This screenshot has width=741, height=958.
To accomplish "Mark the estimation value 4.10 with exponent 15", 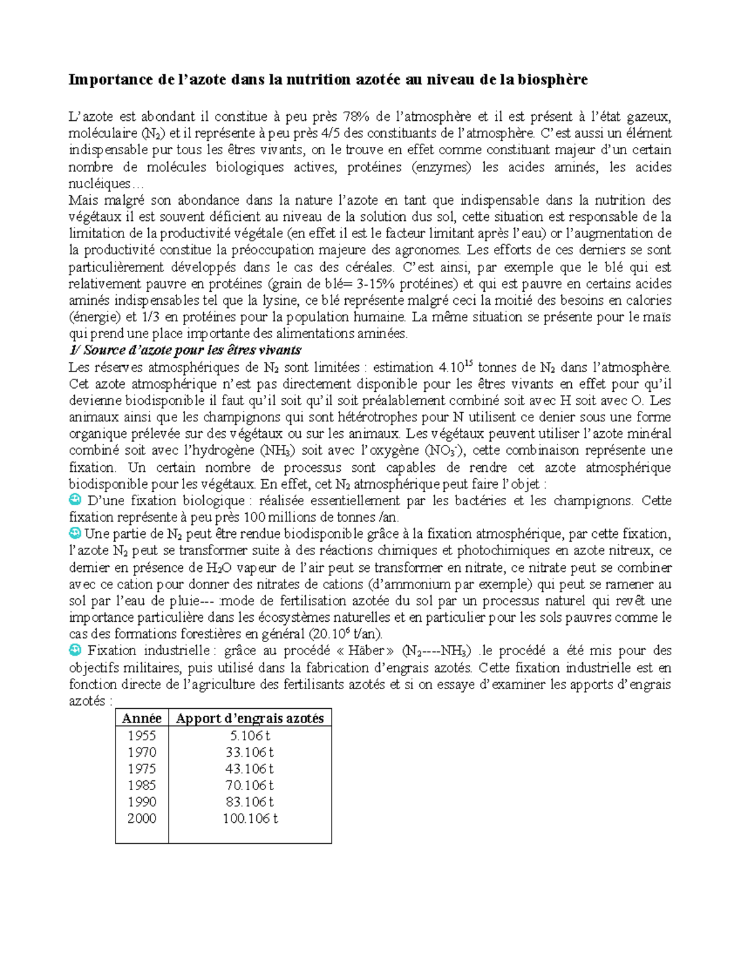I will tap(455, 367).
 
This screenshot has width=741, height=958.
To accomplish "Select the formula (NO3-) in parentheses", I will tap(445, 450).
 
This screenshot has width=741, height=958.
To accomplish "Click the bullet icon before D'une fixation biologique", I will tap(75, 500).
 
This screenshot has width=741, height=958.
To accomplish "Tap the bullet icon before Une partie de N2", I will tap(75, 533).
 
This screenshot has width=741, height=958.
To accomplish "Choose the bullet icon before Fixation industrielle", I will tap(75, 650).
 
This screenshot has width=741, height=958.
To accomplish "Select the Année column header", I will tap(141, 718).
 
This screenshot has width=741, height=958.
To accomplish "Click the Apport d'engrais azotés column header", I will tap(250, 718).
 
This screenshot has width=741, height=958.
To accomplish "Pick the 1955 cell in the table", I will tap(141, 735).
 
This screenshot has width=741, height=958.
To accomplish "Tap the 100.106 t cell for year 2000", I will tap(250, 819).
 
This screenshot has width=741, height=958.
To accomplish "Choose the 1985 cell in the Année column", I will tap(141, 785).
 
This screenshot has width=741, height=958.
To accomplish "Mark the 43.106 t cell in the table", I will tap(250, 769).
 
